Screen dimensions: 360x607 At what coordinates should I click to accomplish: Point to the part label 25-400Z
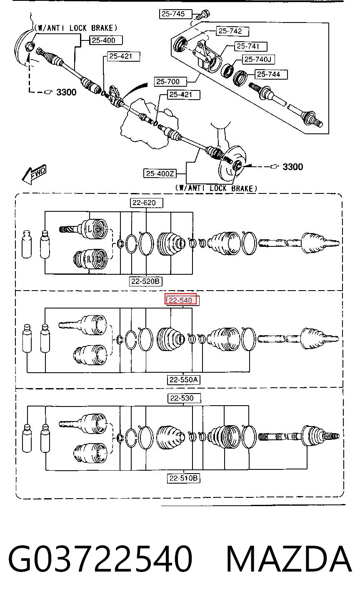(160, 173)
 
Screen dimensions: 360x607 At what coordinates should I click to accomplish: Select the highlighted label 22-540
(181, 300)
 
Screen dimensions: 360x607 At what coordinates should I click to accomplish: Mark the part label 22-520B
(145, 281)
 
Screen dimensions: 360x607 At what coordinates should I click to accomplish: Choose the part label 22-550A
(183, 380)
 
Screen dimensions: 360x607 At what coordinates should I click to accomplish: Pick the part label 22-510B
(183, 478)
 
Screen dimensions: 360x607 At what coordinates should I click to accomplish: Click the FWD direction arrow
(34, 174)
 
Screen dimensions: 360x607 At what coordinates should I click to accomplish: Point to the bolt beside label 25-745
(202, 14)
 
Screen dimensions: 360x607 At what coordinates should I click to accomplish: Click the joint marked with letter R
(91, 260)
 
